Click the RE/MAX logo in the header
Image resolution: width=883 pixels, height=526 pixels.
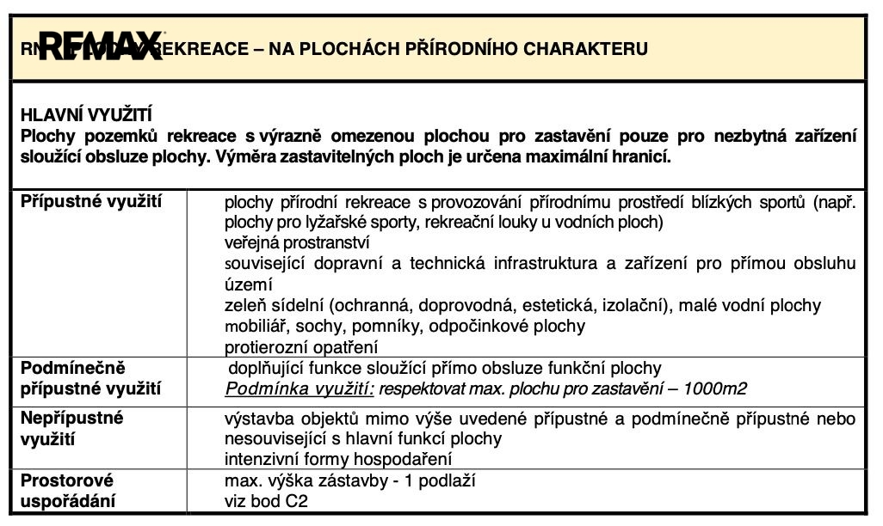(x=100, y=47)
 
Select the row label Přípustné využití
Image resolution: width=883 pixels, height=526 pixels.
(x=90, y=202)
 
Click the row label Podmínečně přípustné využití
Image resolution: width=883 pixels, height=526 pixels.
(x=90, y=378)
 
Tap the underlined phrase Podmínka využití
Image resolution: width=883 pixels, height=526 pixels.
(x=299, y=388)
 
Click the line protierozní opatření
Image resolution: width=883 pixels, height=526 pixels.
(x=301, y=347)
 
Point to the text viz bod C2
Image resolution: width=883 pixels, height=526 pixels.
(x=265, y=501)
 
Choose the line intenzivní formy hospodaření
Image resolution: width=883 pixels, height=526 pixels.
(x=338, y=459)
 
